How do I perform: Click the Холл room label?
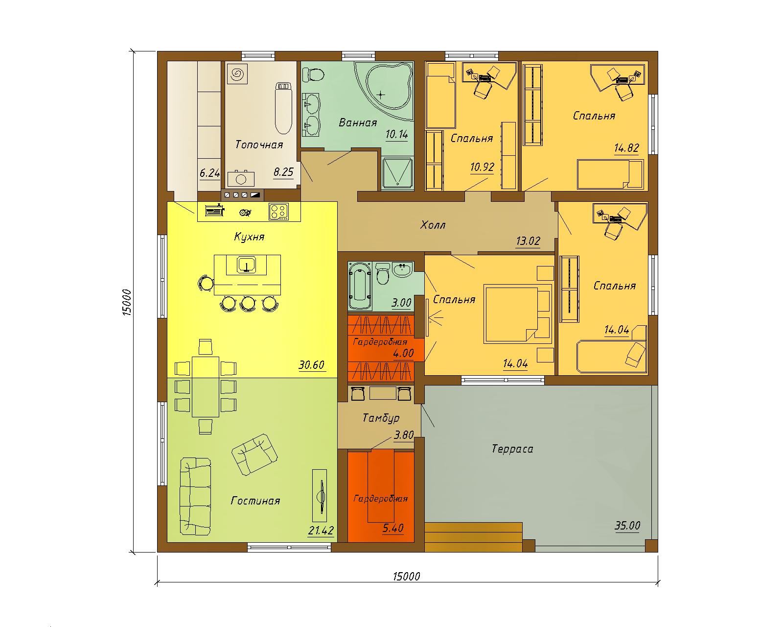[x=433, y=225]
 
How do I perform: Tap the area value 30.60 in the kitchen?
[x=311, y=364]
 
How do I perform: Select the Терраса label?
[x=512, y=449]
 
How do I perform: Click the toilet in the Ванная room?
[x=313, y=75]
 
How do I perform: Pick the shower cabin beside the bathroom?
[x=397, y=174]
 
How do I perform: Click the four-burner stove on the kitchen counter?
[x=279, y=212]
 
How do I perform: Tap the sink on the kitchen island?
[x=247, y=264]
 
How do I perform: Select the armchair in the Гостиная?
[x=254, y=454]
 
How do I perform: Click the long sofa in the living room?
[x=195, y=496]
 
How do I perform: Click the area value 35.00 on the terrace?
[x=627, y=525]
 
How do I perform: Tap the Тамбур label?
[x=381, y=418]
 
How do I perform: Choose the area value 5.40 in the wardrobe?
[x=393, y=528]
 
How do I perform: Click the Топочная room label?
[x=259, y=145]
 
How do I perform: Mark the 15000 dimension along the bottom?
[x=406, y=576]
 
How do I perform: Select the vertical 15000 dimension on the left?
[x=127, y=302]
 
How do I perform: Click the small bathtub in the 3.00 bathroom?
[x=360, y=286]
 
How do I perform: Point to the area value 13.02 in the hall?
[x=528, y=241]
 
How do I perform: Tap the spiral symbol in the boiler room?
[x=237, y=74]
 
